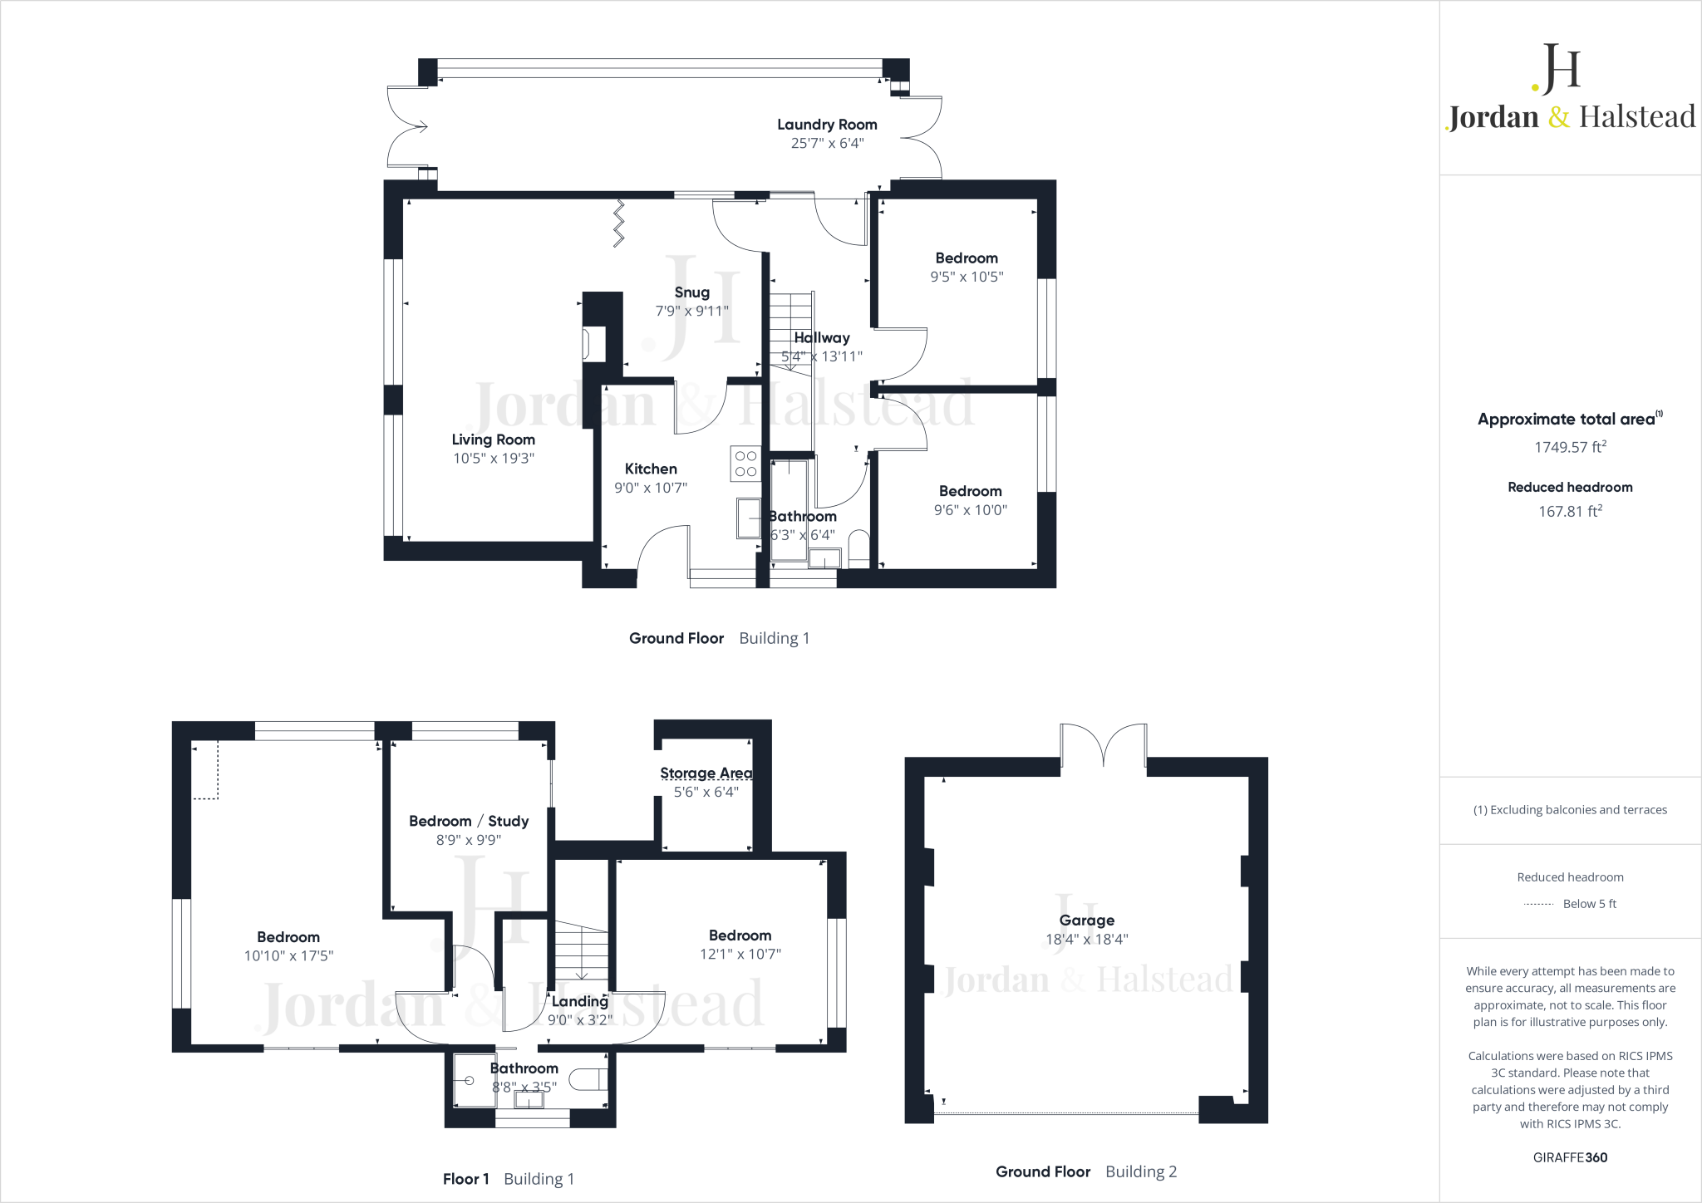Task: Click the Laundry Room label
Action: point(827,125)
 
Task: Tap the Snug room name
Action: point(692,292)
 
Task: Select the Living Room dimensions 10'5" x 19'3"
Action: point(494,458)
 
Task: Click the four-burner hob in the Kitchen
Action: point(745,464)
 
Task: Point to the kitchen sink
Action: point(748,518)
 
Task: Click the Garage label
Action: point(1087,921)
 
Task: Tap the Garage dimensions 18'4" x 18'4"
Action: point(1087,940)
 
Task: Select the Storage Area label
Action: point(706,773)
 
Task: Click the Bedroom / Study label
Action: point(469,821)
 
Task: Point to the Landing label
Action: point(580,1001)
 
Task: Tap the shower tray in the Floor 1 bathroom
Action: point(472,1080)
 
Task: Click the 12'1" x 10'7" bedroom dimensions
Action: point(740,955)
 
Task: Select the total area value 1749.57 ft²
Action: point(1571,447)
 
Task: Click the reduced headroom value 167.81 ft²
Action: point(1571,512)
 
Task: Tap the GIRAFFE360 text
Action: point(1571,1157)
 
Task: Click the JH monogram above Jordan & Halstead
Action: point(1557,69)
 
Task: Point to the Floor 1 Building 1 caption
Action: point(509,1179)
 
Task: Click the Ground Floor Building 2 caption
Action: point(1086,1171)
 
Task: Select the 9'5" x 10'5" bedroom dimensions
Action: point(967,277)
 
